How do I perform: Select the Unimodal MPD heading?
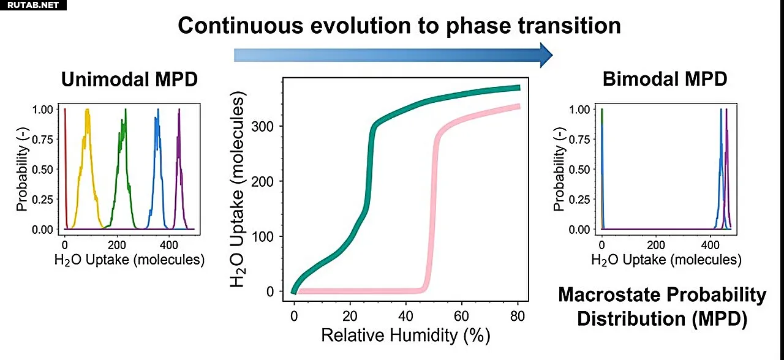[x=129, y=79]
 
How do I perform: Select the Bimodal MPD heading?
[x=665, y=79]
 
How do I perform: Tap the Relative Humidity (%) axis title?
[x=405, y=335]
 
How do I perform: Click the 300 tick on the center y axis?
[x=266, y=126]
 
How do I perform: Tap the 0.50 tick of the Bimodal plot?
[x=580, y=169]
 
